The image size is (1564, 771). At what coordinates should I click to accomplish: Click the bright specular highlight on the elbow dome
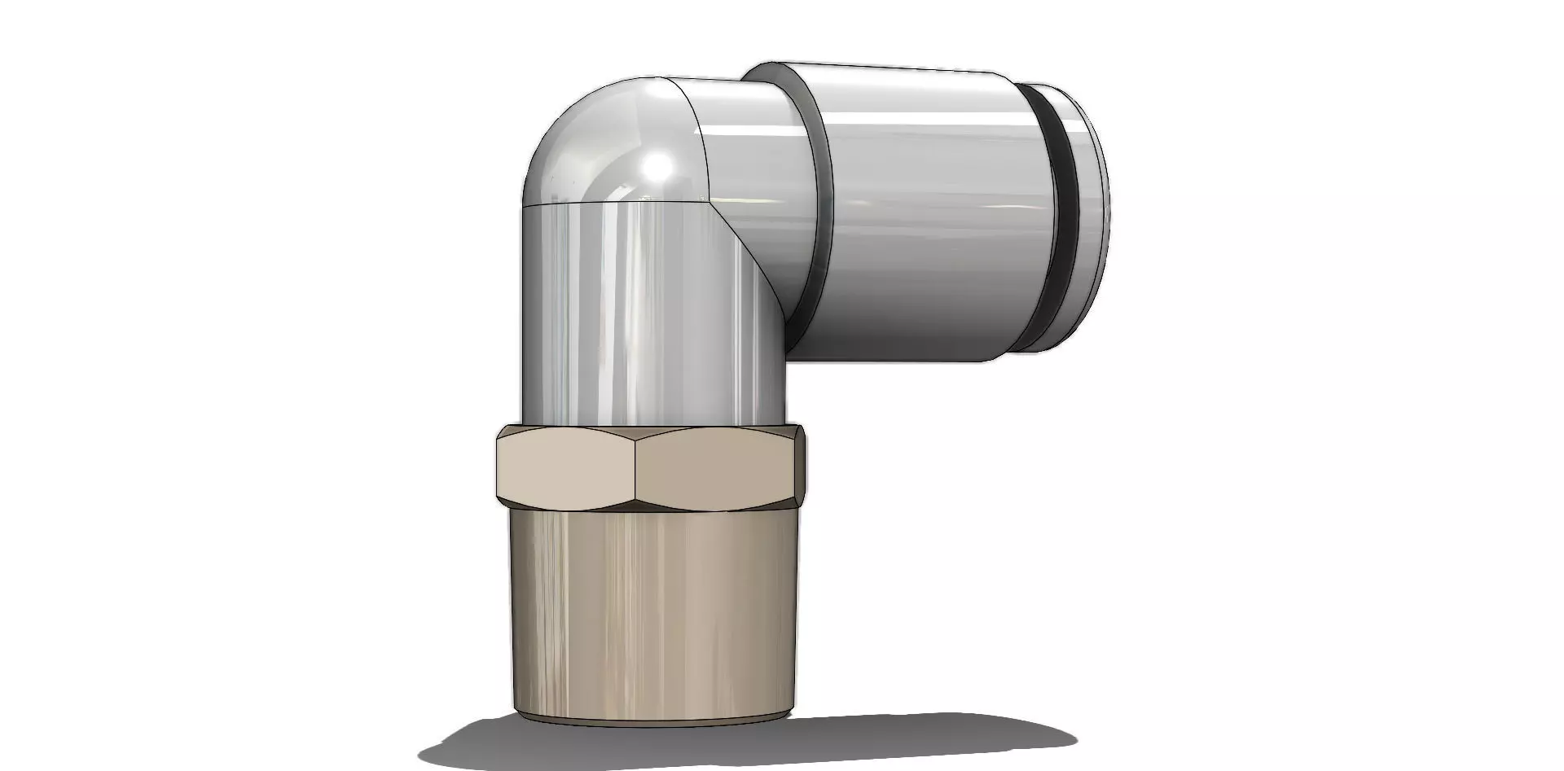coord(657,167)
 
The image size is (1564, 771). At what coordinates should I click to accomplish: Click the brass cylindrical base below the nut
coord(652,611)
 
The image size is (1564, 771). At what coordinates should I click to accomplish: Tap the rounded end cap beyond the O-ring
coord(1087,220)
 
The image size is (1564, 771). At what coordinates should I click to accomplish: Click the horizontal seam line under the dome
coord(611,202)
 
